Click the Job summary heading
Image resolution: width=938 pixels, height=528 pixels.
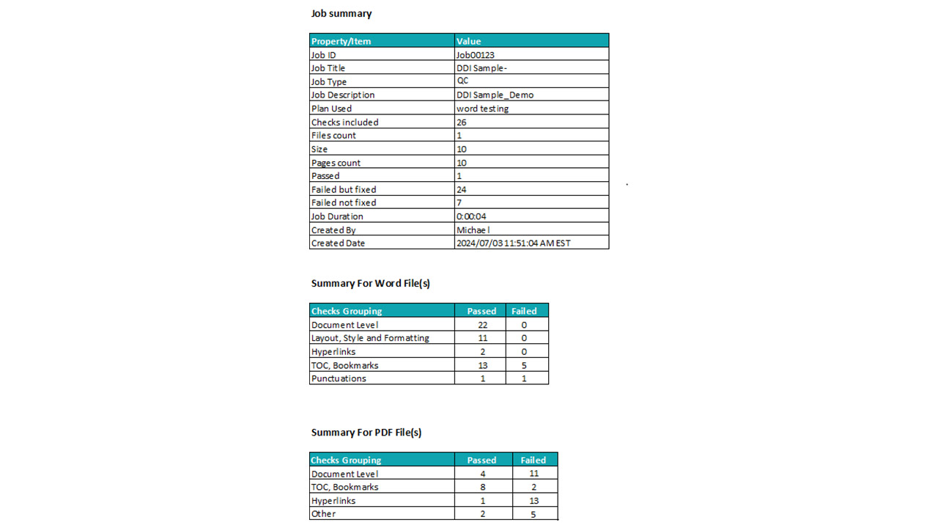point(341,14)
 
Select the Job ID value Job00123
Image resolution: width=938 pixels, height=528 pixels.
point(480,55)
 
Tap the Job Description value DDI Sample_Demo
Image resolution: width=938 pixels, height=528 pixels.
point(495,95)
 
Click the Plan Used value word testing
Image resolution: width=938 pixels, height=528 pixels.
point(482,109)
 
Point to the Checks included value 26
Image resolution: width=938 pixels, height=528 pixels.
point(462,122)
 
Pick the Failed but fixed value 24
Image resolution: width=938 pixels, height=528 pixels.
point(462,190)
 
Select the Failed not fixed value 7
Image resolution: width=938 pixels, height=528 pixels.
point(459,203)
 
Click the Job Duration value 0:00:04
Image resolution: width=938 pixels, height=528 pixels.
point(471,216)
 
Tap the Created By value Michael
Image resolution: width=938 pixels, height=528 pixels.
point(473,230)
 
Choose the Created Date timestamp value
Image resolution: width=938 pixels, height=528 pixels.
point(513,243)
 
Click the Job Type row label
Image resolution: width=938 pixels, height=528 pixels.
point(329,82)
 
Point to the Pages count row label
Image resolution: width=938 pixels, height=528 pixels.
point(336,163)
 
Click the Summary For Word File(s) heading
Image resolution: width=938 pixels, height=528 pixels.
point(370,284)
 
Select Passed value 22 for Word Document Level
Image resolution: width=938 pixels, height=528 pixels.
point(481,325)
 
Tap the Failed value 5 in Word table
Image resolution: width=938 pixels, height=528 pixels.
point(524,365)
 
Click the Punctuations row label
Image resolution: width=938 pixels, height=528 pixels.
point(339,379)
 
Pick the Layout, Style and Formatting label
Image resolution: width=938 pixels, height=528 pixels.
point(370,338)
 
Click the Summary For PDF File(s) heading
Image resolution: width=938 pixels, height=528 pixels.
point(366,433)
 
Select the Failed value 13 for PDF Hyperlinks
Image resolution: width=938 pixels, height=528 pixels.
point(533,501)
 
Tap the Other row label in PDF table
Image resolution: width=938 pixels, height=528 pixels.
point(323,514)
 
